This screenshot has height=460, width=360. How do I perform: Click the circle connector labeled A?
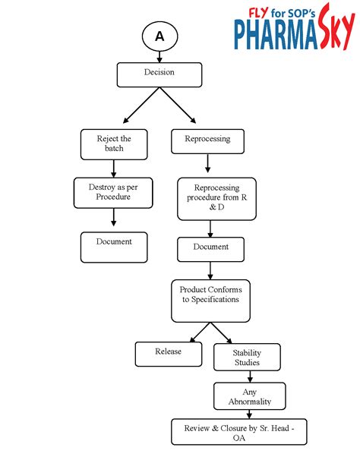point(159,36)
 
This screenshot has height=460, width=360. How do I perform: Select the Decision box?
point(159,74)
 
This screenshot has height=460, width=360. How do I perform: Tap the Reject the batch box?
point(114,143)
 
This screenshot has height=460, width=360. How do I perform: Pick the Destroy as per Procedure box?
point(113,192)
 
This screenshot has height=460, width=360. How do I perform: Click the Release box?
point(169,354)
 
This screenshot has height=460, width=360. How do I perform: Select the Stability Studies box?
point(247,357)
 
